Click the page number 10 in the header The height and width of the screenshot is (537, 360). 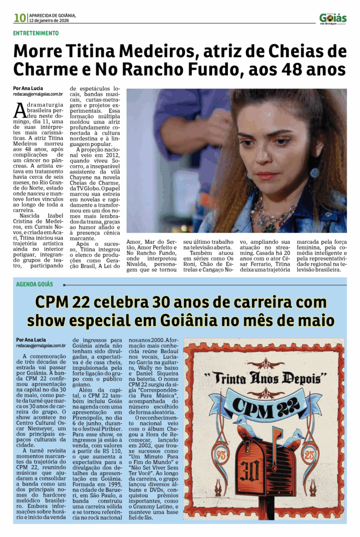click(20, 18)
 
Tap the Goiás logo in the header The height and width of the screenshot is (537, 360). click(333, 19)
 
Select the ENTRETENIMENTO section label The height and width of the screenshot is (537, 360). click(36, 33)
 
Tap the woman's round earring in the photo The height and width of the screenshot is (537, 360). click(314, 173)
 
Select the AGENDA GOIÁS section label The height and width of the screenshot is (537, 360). click(35, 284)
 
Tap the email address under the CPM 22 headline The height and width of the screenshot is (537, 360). click(41, 346)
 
